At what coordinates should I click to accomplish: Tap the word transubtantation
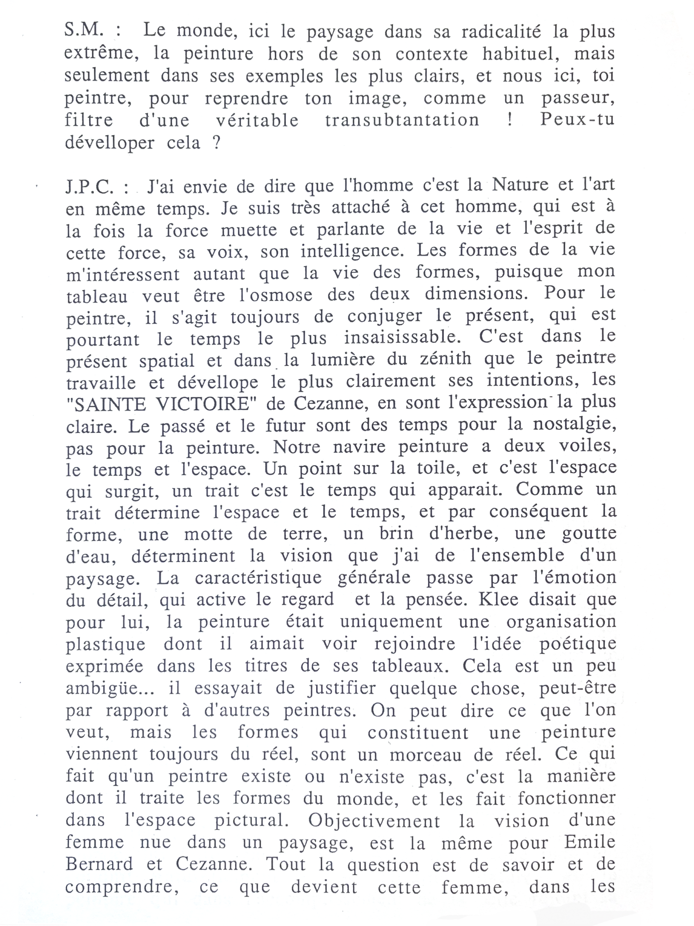402,120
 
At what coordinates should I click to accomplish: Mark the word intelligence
352,251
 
